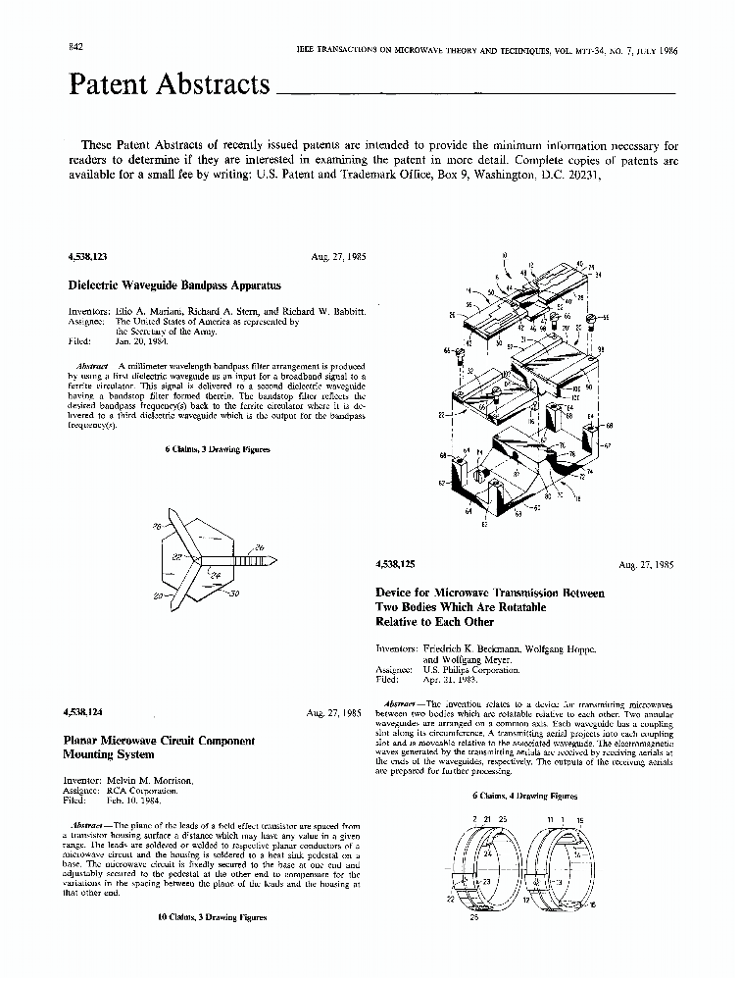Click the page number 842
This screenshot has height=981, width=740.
[x=74, y=49]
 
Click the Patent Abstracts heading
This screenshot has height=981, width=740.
[x=169, y=85]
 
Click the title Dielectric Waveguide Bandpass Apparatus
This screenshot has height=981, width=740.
[x=174, y=285]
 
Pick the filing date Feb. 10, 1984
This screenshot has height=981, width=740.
[x=143, y=800]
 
